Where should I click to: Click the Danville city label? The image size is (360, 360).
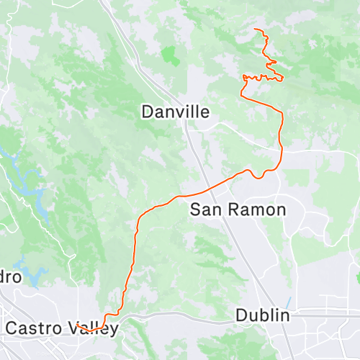click(176, 112)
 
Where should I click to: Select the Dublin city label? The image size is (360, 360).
click(263, 315)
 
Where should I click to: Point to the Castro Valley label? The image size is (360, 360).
click(60, 328)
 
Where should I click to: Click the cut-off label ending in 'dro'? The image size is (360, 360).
click(10, 277)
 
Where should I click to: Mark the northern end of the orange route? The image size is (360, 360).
click(256, 29)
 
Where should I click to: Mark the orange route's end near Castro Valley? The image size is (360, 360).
click(76, 325)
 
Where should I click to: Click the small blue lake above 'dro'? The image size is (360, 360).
click(32, 274)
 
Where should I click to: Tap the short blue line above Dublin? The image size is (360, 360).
click(289, 301)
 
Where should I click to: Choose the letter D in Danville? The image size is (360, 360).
click(148, 112)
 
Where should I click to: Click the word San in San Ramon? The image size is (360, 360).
click(203, 210)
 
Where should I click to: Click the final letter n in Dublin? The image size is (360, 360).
click(284, 315)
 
